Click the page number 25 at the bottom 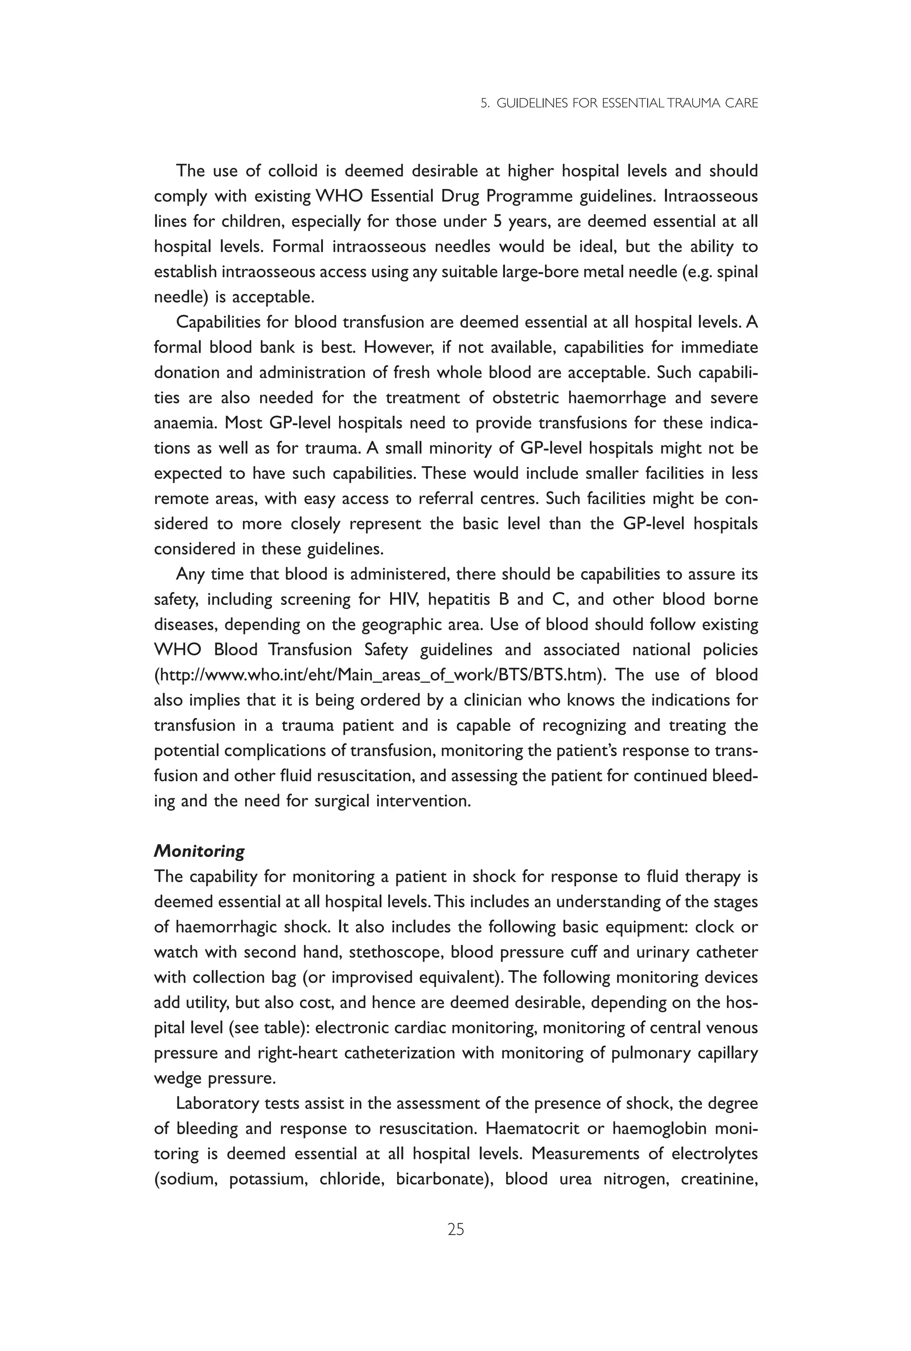(455, 1229)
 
